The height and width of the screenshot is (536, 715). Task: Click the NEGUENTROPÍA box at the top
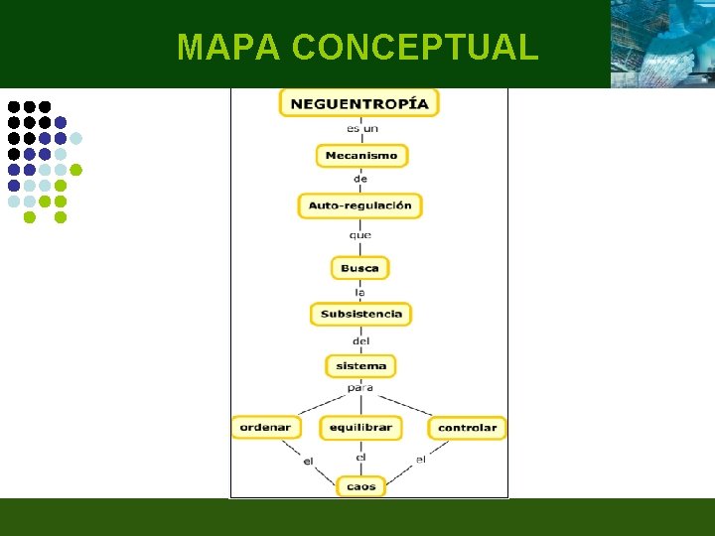click(x=358, y=103)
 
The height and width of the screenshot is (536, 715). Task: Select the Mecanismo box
click(x=361, y=156)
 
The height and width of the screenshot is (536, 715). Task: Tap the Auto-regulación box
click(x=359, y=205)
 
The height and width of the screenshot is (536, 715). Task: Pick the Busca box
click(x=359, y=268)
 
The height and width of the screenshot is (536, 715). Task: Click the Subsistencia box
click(x=360, y=314)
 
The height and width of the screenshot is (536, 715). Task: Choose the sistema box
click(x=360, y=366)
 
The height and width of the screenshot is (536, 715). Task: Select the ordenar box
click(x=266, y=428)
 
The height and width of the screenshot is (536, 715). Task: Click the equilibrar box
click(x=360, y=428)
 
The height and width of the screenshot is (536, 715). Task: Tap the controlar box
click(x=467, y=428)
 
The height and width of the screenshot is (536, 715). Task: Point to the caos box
click(x=360, y=487)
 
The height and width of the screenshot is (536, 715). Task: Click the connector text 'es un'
click(x=361, y=129)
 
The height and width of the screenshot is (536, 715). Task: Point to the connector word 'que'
click(x=360, y=235)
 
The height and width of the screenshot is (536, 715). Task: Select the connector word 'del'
click(x=360, y=341)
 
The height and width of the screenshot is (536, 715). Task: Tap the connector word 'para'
click(x=360, y=388)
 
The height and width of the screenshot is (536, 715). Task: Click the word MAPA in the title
click(x=229, y=47)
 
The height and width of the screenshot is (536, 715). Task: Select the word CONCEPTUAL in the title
click(x=416, y=47)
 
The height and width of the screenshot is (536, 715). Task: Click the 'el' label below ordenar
click(x=308, y=461)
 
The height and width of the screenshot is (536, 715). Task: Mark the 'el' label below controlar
click(x=421, y=459)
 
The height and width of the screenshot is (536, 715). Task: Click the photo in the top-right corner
click(x=662, y=44)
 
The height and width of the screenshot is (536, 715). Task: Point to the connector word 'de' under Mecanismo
click(x=360, y=179)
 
